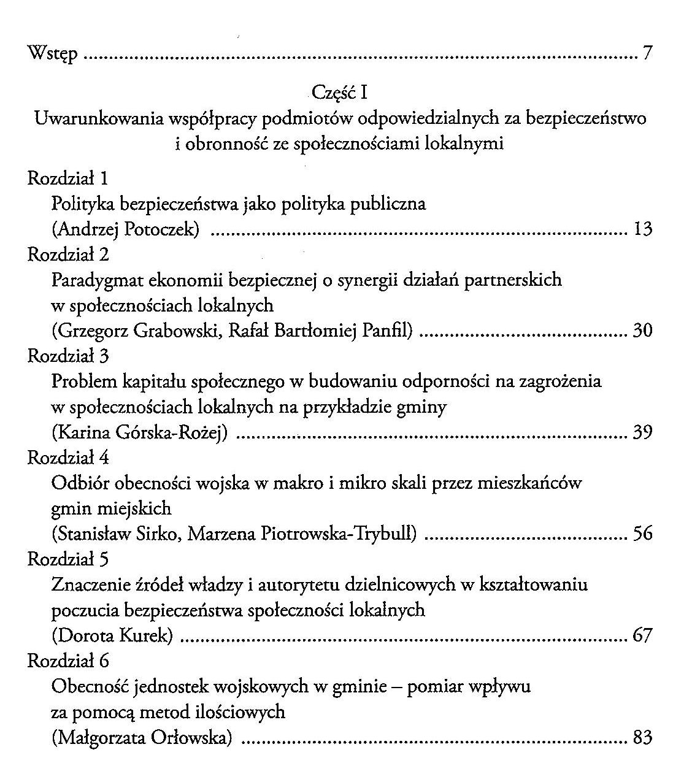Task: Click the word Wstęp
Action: coord(53,55)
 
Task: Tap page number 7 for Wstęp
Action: coord(647,54)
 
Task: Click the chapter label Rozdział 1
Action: coord(68,178)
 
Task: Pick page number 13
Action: coord(642,229)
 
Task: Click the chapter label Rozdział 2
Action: coord(68,255)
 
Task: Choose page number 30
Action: coord(642,331)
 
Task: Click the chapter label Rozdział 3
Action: coord(68,356)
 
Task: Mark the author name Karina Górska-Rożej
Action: coord(140,433)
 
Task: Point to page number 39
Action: coord(642,433)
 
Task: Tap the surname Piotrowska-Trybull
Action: coord(339,534)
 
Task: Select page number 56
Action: coord(642,534)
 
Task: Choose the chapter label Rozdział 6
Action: coord(68,661)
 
